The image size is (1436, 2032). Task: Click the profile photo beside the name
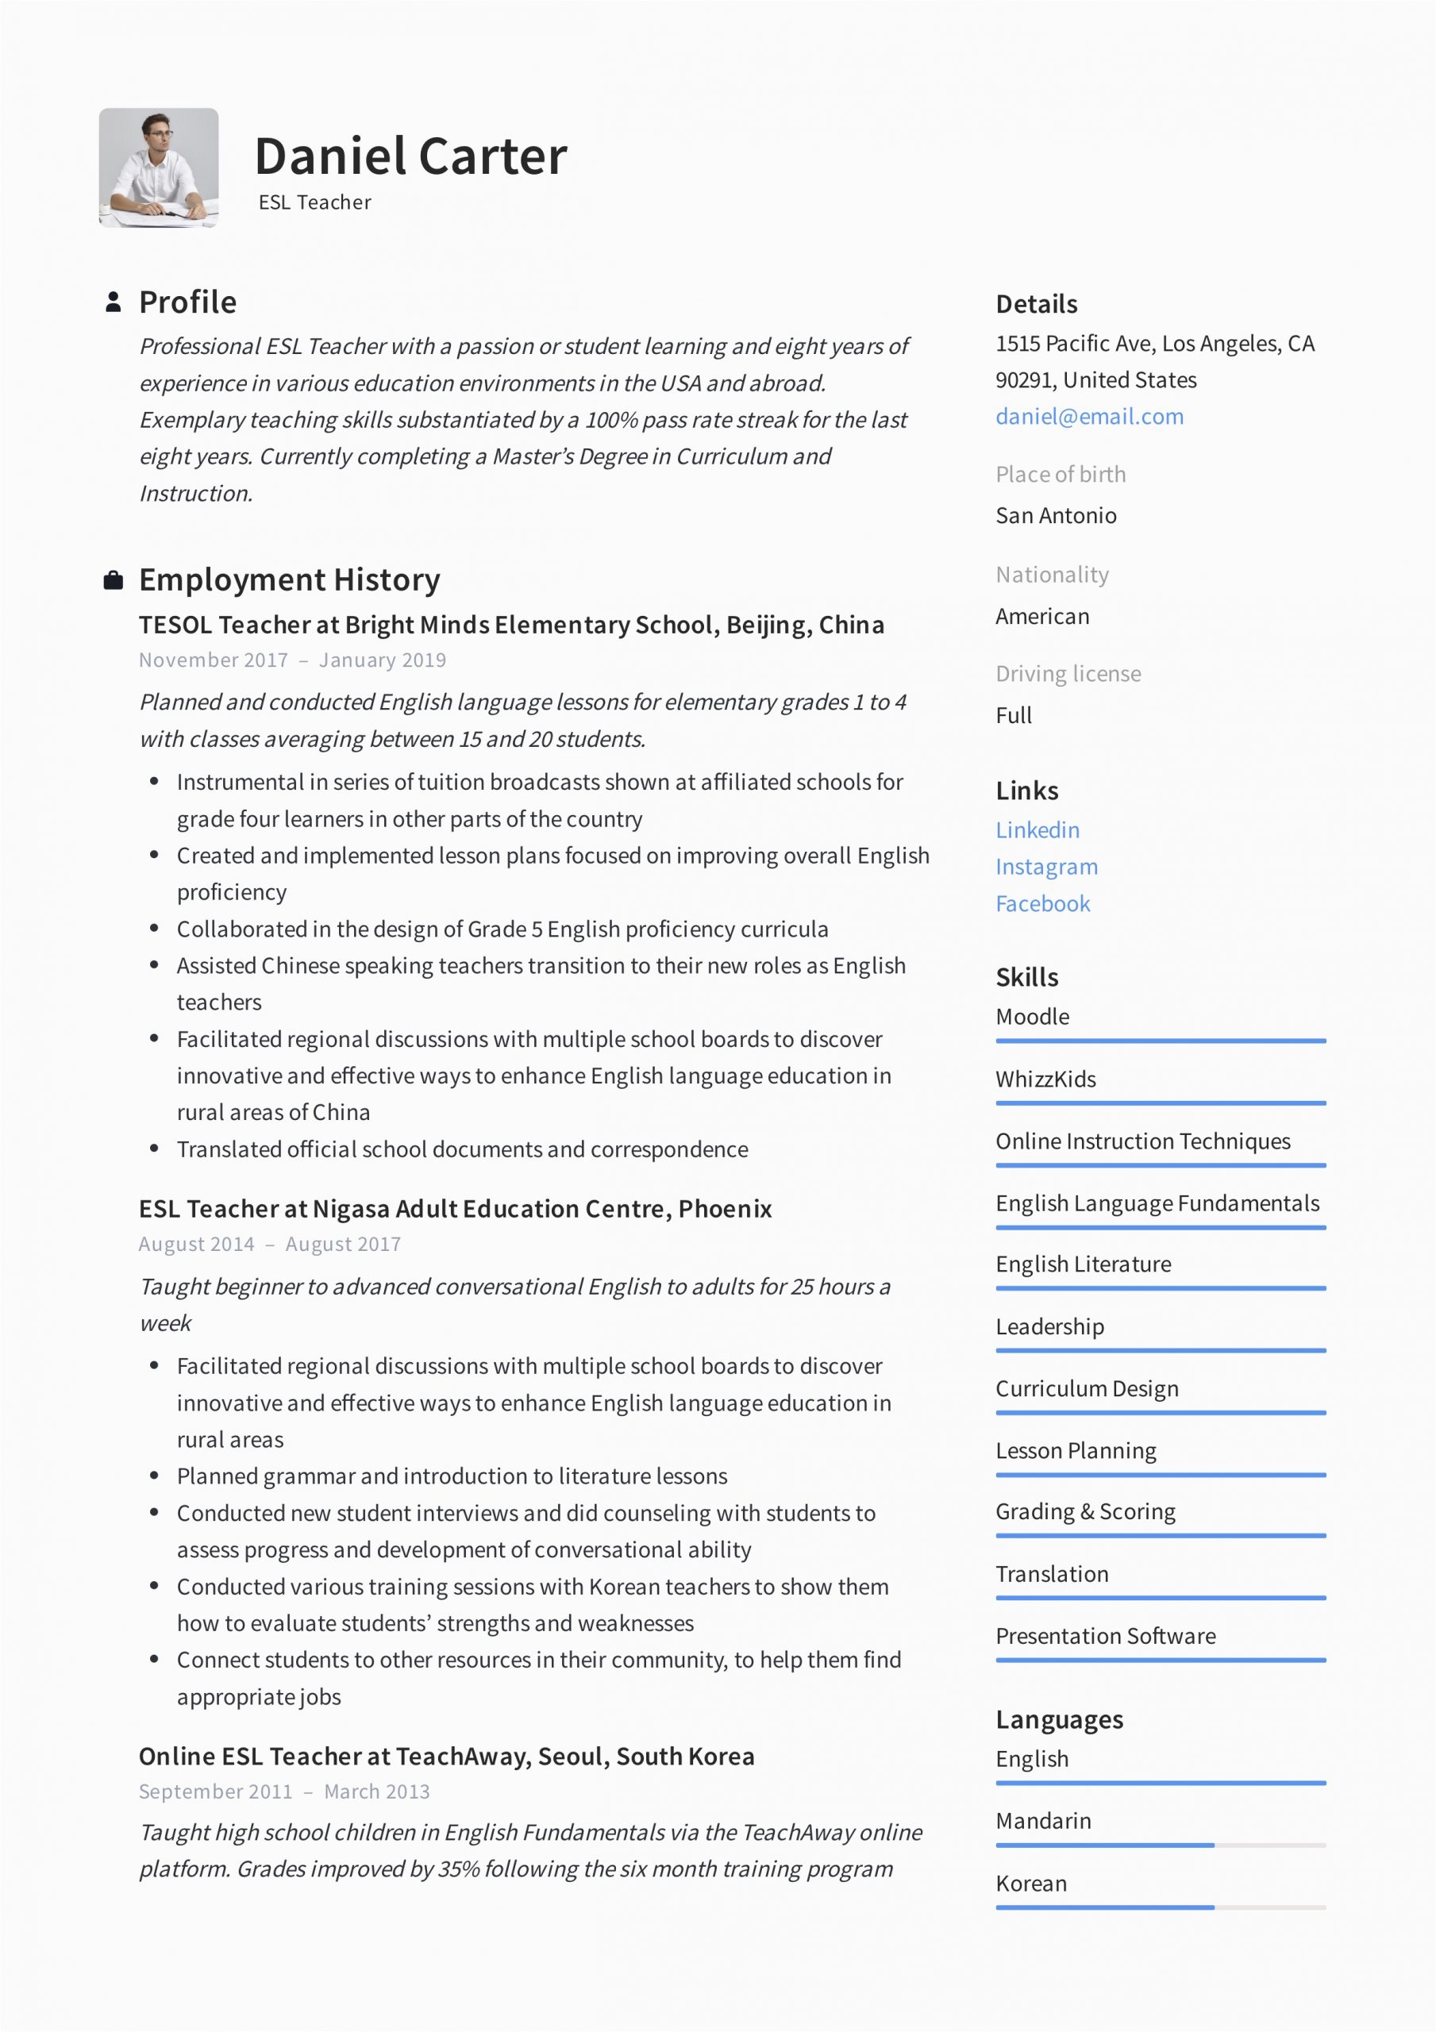[159, 167]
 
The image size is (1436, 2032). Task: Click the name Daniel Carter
[410, 156]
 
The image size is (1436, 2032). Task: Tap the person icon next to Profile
[114, 302]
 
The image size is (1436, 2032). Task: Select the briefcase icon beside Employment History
[114, 580]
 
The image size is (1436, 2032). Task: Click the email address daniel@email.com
[1089, 417]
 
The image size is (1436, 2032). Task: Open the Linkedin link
[1037, 830]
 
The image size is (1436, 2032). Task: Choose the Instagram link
[1045, 868]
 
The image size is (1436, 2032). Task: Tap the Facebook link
[1042, 903]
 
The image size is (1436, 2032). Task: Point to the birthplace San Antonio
[1055, 516]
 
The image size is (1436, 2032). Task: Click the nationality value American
[1042, 617]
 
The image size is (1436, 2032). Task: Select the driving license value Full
[1013, 716]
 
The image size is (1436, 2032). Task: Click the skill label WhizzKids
[1045, 1079]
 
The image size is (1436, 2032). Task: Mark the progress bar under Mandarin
[1160, 1845]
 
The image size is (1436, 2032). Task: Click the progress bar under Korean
[1160, 1907]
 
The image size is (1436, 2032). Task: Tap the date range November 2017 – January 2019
[292, 660]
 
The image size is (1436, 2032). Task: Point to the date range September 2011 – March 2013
[283, 1792]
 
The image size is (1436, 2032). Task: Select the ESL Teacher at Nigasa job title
[455, 1209]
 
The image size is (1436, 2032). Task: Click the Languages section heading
[1059, 1719]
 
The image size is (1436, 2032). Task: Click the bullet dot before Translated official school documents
[154, 1149]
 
